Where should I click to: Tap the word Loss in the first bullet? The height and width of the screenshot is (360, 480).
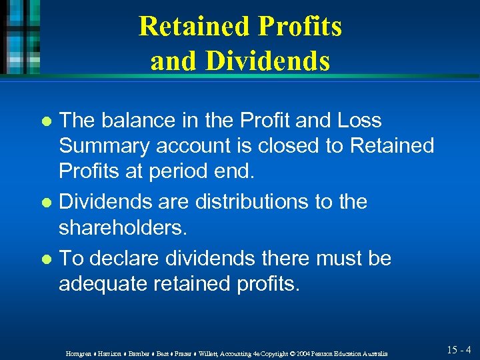[358, 121]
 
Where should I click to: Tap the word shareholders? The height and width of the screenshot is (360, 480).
[120, 228]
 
